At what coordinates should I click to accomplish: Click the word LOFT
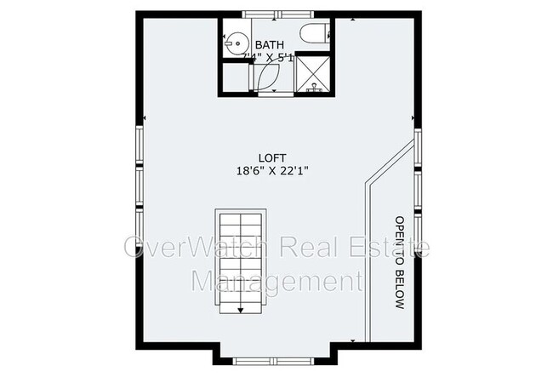coord(274,157)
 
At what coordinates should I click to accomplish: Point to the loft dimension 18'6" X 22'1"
coord(272,170)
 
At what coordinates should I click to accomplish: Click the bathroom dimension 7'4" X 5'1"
coord(269,57)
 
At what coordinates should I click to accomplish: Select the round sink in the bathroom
coord(236,41)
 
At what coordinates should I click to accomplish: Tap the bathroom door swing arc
coord(265,78)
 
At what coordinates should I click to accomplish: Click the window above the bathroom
coord(272,14)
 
